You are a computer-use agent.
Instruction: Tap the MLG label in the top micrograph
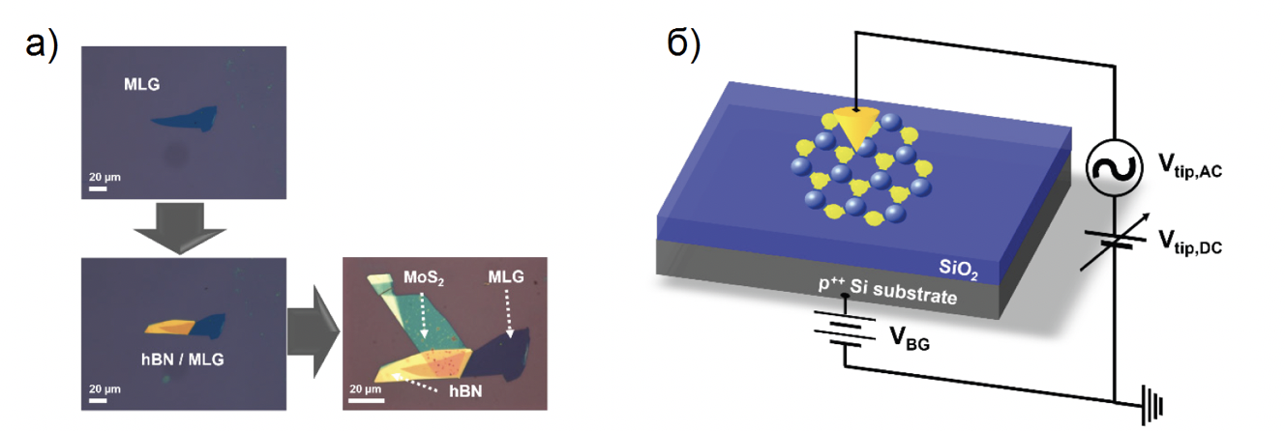(141, 85)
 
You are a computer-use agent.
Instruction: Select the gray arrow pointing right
(311, 331)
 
